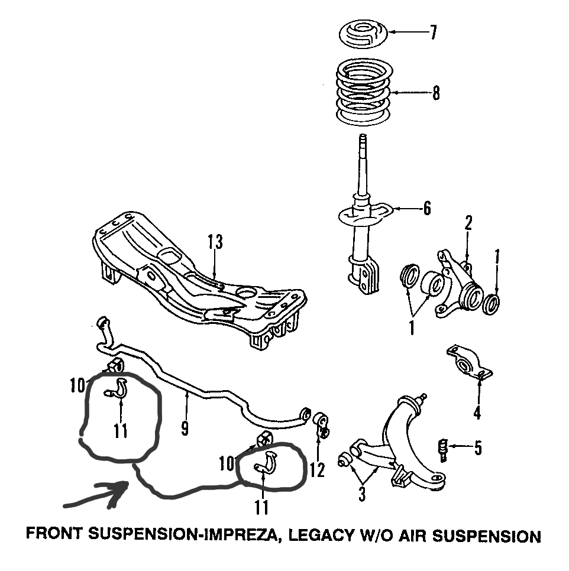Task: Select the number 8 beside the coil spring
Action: pos(436,93)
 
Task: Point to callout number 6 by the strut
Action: pos(427,208)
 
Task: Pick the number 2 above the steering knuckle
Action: pos(468,223)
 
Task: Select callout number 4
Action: pos(477,413)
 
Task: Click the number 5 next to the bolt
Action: pos(477,448)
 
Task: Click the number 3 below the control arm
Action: pos(362,493)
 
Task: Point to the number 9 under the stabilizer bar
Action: pos(185,428)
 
